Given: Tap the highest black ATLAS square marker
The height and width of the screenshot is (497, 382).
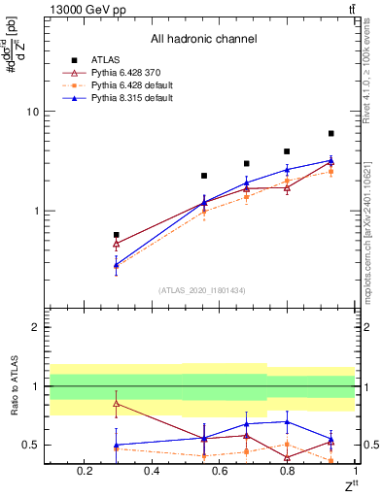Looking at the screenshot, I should click(331, 133).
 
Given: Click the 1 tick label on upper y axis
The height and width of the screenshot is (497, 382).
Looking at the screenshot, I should click(35, 211).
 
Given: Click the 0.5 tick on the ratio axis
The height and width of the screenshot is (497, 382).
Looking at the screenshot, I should click(30, 446).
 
